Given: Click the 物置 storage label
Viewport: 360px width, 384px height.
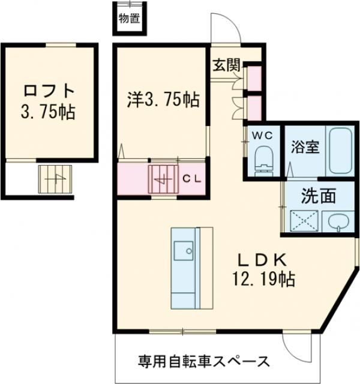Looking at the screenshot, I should pyautogui.click(x=130, y=17).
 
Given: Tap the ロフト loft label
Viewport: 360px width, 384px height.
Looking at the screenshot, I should pyautogui.click(x=50, y=92).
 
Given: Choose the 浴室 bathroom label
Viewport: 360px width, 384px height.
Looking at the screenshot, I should pyautogui.click(x=305, y=146).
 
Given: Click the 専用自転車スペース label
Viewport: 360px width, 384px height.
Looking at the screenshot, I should pyautogui.click(x=203, y=361).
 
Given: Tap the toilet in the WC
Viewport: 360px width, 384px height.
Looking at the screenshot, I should pyautogui.click(x=263, y=159).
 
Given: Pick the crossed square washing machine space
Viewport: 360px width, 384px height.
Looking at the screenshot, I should pyautogui.click(x=302, y=221).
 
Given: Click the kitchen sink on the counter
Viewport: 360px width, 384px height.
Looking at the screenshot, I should pyautogui.click(x=181, y=248).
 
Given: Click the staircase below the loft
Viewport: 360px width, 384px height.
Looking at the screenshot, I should pyautogui.click(x=55, y=179).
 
